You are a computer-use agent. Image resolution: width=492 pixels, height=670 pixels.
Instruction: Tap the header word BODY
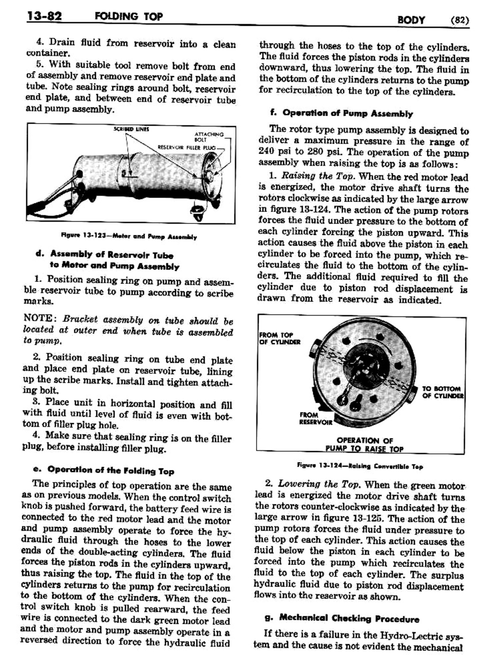tap(411, 19)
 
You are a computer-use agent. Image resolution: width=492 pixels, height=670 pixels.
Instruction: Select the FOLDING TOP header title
tap(128, 17)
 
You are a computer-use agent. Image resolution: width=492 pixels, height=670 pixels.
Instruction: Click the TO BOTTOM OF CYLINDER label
tap(442, 392)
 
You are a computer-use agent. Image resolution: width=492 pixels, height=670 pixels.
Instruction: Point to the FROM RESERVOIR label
tap(315, 419)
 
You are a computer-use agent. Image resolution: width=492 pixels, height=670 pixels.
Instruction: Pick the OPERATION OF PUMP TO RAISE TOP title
tap(365, 445)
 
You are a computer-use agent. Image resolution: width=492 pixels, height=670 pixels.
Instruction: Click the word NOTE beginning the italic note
tap(39, 319)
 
